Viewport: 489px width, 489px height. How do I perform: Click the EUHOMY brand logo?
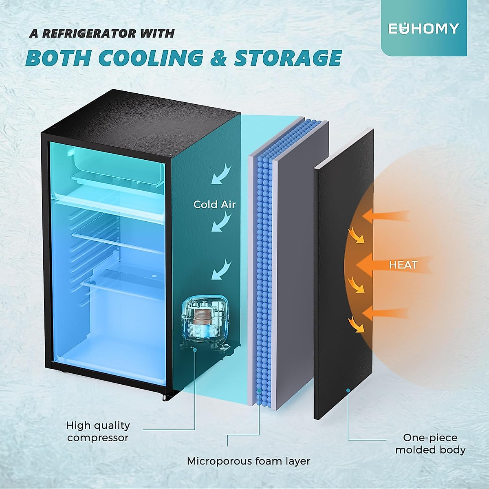coord(423,29)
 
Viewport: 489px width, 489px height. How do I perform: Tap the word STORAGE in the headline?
coord(288,58)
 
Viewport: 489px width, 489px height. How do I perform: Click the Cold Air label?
coord(214,204)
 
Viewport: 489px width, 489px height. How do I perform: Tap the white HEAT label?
coord(403,265)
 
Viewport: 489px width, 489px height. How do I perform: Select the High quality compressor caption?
coord(98,432)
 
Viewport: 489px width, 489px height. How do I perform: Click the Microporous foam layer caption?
coord(249,461)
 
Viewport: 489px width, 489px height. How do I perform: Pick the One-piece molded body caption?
coord(430,444)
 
